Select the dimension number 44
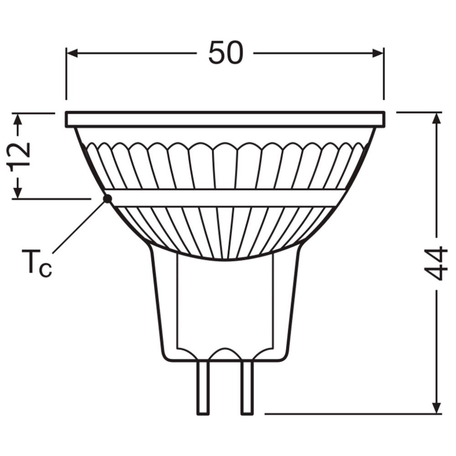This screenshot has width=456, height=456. point(436,263)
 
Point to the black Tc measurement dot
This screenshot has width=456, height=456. point(108,198)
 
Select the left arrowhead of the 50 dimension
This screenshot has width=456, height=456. point(73,53)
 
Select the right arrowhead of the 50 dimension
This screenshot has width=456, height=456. point(378,53)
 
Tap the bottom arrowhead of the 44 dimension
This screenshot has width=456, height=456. point(437,407)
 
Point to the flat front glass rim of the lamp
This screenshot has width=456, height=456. point(225,119)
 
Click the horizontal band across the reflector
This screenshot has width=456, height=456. point(225,198)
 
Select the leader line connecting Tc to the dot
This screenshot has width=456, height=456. point(80,227)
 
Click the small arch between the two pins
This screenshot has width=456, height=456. point(225,352)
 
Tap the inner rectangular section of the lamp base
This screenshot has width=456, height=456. point(225,301)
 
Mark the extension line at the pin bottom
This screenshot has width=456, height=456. point(351,414)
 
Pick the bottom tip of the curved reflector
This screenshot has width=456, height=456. point(225,259)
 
